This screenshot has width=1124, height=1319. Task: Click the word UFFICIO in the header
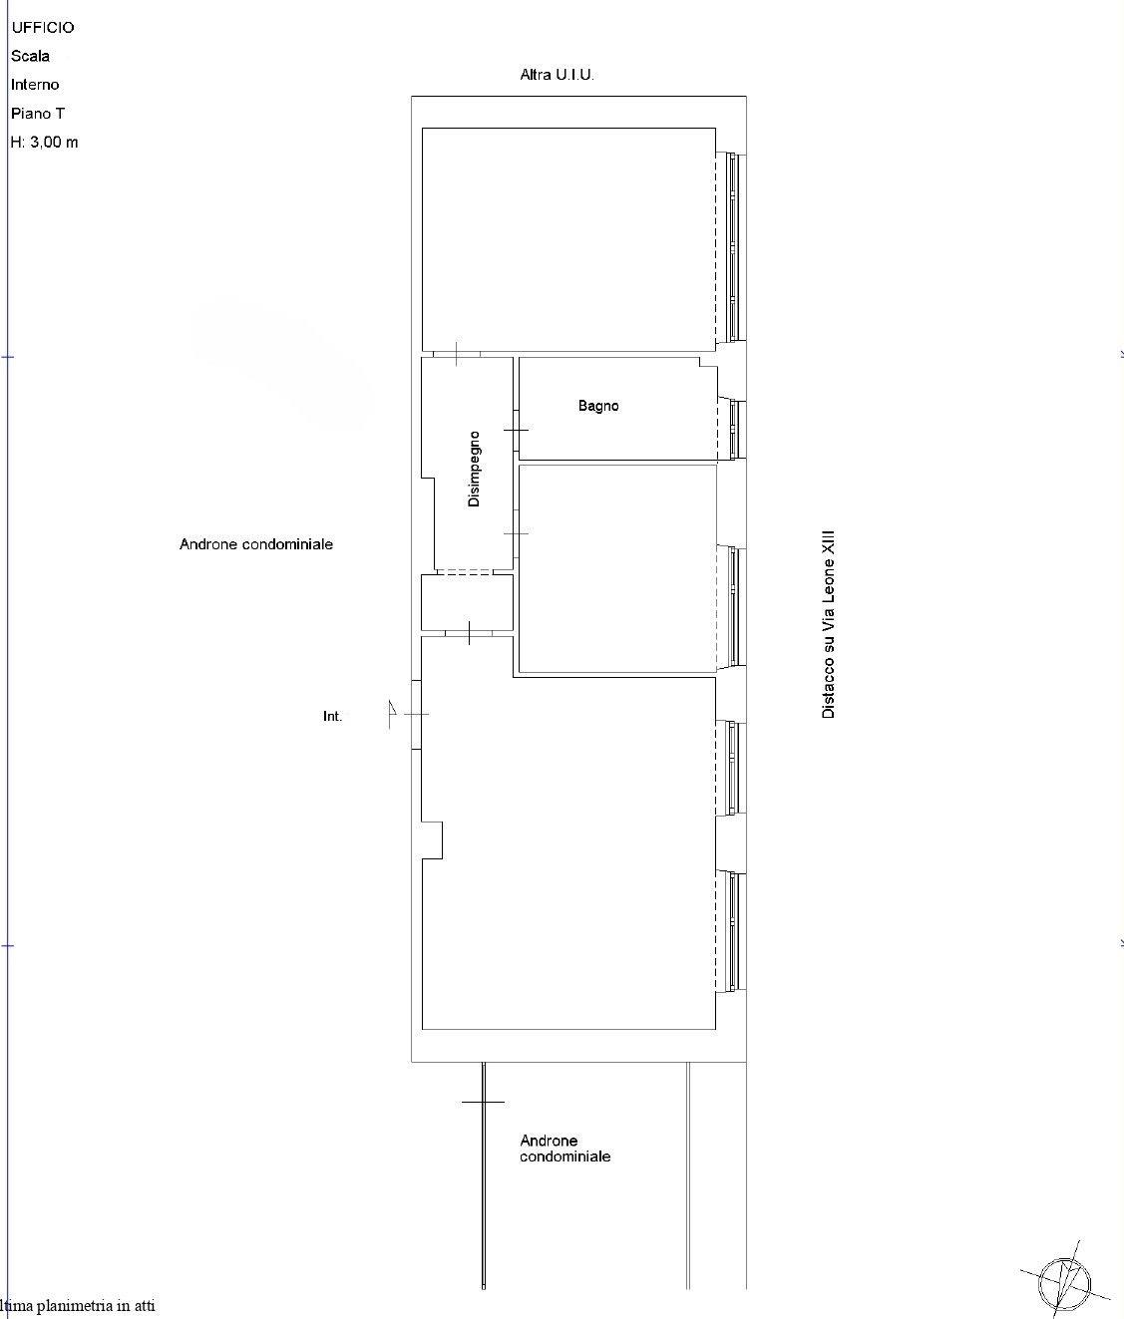point(43,28)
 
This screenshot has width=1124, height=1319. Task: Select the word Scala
point(30,56)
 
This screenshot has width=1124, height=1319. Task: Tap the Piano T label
point(38,114)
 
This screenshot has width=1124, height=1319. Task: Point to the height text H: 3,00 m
point(44,143)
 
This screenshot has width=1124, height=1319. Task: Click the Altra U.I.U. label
point(557,75)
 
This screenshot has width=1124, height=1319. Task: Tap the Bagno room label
point(598,406)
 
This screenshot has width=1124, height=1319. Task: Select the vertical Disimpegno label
point(474,469)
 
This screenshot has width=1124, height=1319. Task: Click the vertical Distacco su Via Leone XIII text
point(828,625)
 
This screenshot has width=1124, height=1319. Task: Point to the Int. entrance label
point(332,716)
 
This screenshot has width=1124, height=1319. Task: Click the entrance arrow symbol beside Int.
point(391,713)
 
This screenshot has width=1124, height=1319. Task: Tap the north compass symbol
point(1064,1283)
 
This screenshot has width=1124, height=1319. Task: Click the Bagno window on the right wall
point(733,429)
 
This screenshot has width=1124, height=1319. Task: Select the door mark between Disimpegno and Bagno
point(516,430)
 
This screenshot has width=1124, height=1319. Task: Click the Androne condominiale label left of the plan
point(256,544)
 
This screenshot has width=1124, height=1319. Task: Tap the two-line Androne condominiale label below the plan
point(564,1148)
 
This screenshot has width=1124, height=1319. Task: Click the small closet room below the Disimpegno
point(467,602)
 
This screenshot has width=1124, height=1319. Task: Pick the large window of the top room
point(731,247)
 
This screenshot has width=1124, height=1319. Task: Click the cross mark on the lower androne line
point(483,1102)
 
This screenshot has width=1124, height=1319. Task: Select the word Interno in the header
point(35,85)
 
